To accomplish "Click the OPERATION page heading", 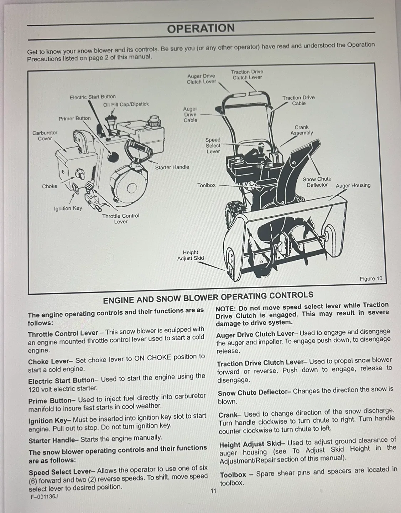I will point(201,28).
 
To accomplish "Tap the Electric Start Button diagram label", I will point(93,97).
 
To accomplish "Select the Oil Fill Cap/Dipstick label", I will point(126,104).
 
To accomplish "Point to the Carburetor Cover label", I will point(45,135).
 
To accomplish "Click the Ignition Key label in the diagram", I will point(68,208).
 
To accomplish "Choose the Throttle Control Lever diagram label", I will point(121,218).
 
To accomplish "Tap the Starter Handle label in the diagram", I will point(172,167).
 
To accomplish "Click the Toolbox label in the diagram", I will point(207,185).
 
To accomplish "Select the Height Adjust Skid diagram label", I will point(191,255).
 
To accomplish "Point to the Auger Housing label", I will point(353,185).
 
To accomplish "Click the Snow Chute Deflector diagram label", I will point(317,182).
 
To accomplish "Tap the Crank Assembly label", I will point(301,130).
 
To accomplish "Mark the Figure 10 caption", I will point(371,279).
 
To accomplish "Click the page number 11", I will point(213,491).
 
